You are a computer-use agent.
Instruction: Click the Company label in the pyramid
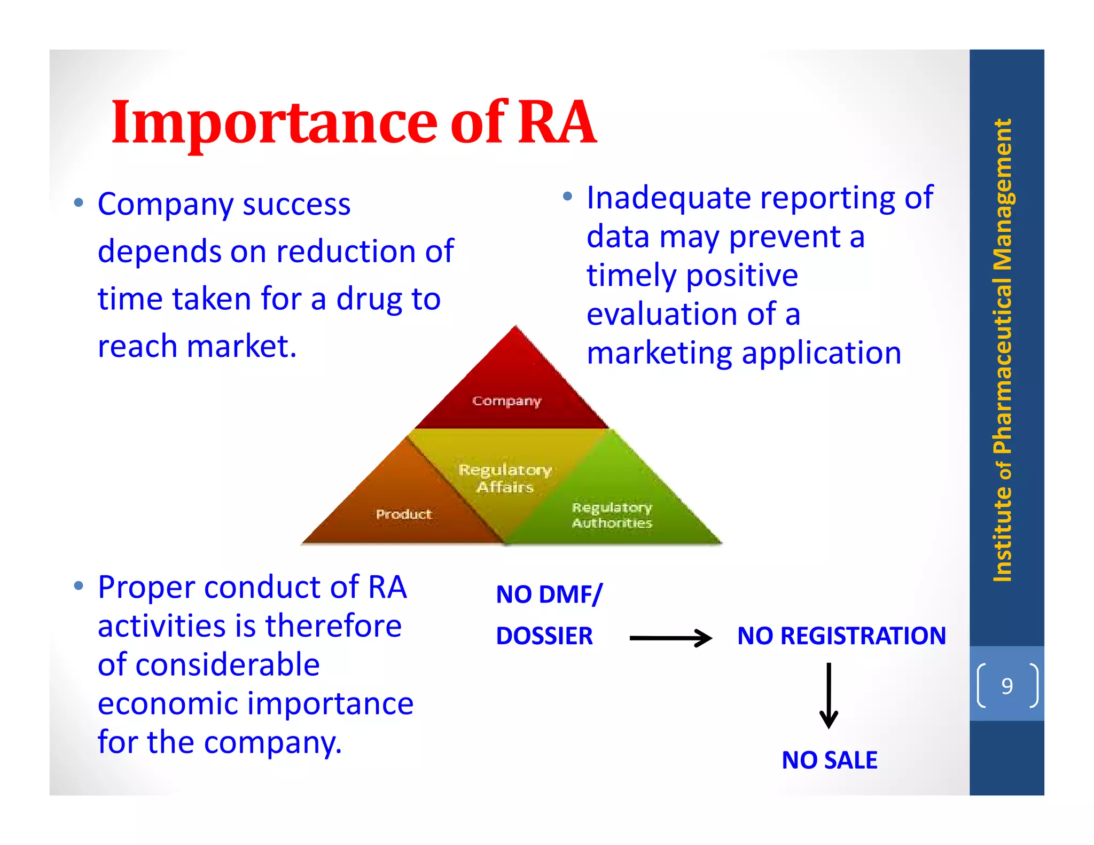point(506,401)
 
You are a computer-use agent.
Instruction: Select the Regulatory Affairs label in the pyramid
point(505,478)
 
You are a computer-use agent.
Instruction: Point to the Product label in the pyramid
point(403,514)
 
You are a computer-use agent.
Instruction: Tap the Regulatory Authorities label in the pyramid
point(612,515)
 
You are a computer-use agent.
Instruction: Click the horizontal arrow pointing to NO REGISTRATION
point(670,638)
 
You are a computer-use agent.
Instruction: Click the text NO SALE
point(829,760)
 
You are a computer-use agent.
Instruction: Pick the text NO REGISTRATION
point(841,636)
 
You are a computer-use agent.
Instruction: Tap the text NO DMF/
point(549,594)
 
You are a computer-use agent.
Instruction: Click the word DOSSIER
point(544,636)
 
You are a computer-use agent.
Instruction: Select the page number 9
point(1007,686)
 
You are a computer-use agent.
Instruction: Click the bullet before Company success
point(79,203)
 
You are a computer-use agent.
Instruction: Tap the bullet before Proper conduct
point(79,586)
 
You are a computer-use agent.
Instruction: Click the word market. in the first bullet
point(241,346)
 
